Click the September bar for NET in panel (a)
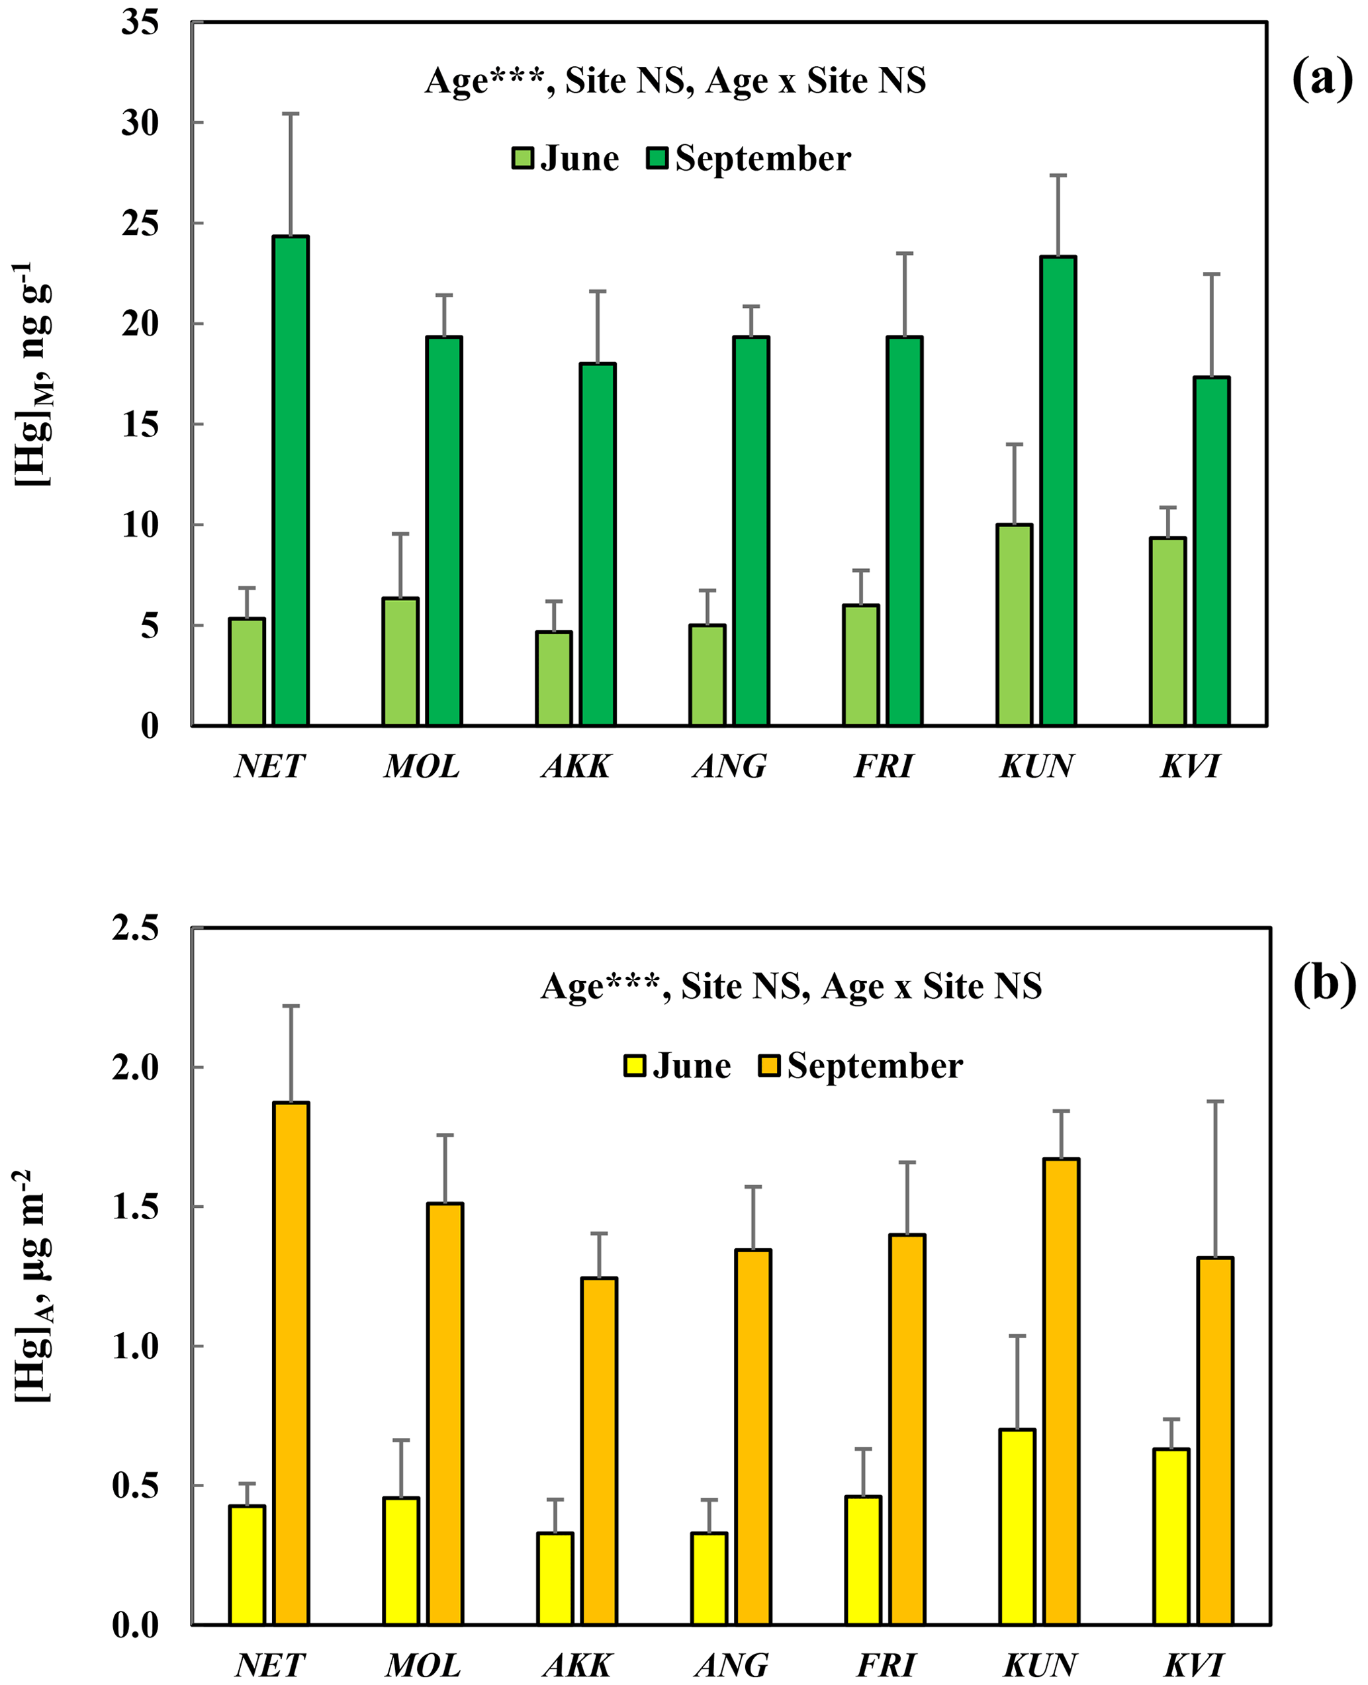pos(291,480)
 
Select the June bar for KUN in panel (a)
pos(1013,624)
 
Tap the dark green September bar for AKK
pos(598,544)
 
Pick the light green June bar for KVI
pos(1167,631)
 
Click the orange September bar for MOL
pos(445,1414)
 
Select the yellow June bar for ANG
pos(709,1578)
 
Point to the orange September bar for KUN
pos(1061,1392)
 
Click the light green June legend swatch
pos(522,158)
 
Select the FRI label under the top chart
pos(884,765)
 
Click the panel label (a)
pos(1322,79)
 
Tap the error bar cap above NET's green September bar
pos(291,113)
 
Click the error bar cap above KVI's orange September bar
pos(1215,1101)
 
